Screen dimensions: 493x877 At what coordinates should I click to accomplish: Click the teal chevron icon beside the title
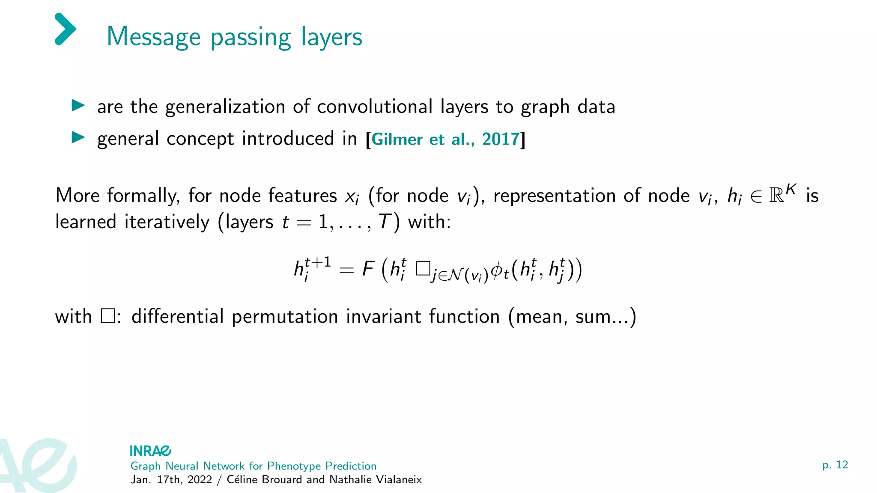pyautogui.click(x=66, y=29)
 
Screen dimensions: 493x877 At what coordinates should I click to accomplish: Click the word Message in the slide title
pyautogui.click(x=153, y=37)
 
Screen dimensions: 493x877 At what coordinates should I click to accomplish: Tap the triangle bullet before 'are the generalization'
pyautogui.click(x=78, y=105)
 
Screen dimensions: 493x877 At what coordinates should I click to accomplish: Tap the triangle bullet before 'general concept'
pyautogui.click(x=78, y=137)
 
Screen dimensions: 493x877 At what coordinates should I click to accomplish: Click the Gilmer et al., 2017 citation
pyautogui.click(x=445, y=140)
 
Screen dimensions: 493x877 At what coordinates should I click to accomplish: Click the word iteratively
pyautogui.click(x=167, y=222)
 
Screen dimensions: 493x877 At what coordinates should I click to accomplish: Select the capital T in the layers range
pyautogui.click(x=385, y=222)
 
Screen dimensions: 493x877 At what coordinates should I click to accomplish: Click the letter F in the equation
pyautogui.click(x=368, y=269)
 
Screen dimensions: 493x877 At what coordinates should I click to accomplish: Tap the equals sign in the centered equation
pyautogui.click(x=346, y=270)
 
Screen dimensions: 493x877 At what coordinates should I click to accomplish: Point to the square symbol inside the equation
pyautogui.click(x=423, y=269)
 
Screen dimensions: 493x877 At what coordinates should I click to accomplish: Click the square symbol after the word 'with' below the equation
pyautogui.click(x=108, y=316)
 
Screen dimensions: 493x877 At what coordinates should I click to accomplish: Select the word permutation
pyautogui.click(x=285, y=317)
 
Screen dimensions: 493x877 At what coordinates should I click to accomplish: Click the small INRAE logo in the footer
pyautogui.click(x=150, y=451)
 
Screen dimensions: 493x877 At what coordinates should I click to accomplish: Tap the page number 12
pyautogui.click(x=841, y=465)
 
